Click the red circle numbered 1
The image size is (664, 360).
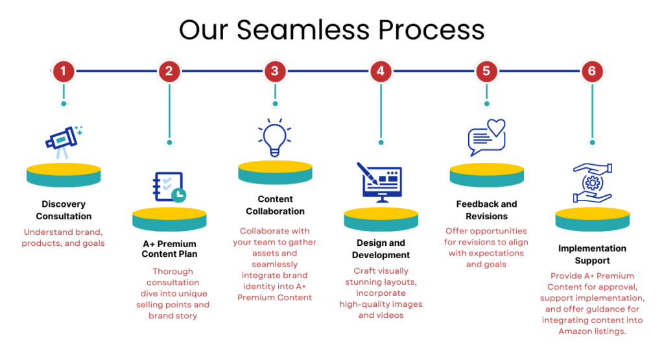(64, 71)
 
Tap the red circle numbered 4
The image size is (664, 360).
(381, 71)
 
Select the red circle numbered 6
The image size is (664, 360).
(592, 71)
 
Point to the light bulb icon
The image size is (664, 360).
(275, 138)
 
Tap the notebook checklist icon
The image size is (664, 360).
(169, 187)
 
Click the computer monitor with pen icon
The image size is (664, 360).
(379, 182)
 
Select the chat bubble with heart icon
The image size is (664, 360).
(487, 138)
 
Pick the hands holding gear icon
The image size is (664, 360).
(593, 183)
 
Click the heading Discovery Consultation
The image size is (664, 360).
(64, 210)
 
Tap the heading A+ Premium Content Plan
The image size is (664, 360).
(169, 249)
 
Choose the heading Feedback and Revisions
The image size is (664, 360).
(486, 210)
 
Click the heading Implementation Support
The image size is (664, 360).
(592, 254)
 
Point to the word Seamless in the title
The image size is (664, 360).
(303, 30)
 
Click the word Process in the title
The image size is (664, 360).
(431, 30)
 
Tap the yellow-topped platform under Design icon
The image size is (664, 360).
(381, 219)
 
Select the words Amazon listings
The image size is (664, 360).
(592, 331)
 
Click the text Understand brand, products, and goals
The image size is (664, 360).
(63, 237)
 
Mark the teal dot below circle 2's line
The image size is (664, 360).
(169, 142)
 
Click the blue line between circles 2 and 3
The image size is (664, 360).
(222, 71)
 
